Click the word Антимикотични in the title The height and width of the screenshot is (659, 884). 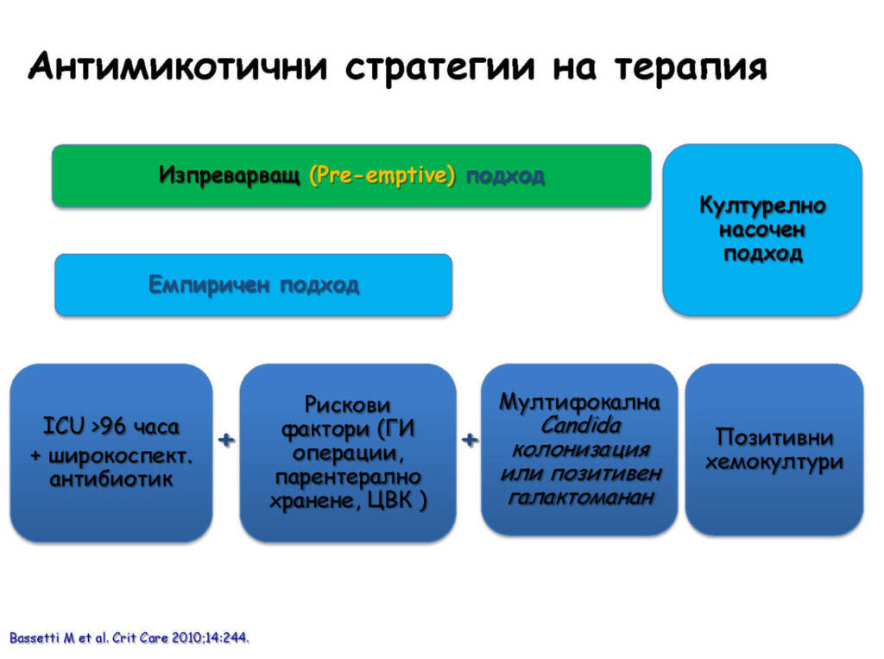point(178,67)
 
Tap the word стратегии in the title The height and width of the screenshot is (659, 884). point(439,68)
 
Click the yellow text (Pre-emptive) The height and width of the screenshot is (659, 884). point(382,175)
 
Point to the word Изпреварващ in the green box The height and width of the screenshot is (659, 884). point(230,175)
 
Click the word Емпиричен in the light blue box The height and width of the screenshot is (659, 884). point(209,285)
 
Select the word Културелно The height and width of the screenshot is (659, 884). point(762,206)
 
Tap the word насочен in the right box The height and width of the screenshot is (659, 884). point(762,230)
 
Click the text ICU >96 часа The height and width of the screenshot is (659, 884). point(111,427)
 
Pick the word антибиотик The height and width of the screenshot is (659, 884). point(111,479)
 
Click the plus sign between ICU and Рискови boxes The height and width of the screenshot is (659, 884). point(226,440)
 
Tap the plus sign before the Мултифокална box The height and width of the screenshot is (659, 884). point(470,439)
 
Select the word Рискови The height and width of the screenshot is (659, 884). point(347,404)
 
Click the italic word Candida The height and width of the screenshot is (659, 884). point(581,426)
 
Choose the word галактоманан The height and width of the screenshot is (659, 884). point(581,497)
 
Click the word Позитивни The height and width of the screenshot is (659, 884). point(774,437)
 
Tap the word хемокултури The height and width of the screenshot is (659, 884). point(774,462)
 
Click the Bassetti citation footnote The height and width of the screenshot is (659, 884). point(129,638)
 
